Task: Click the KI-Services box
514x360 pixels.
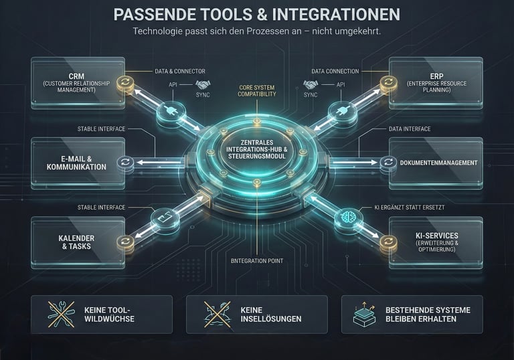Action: [x=435, y=242]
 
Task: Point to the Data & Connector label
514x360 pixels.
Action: [x=179, y=71]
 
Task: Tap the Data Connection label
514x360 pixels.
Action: [x=335, y=71]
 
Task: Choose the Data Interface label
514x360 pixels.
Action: [x=409, y=128]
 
